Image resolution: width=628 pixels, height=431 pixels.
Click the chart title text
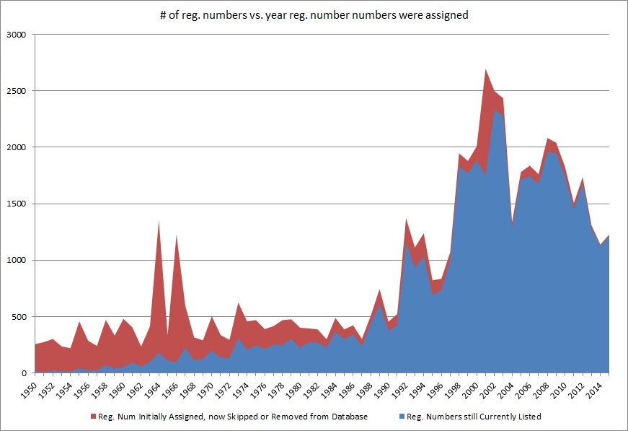pos(314,15)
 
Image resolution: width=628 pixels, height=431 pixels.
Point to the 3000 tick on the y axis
pos(17,35)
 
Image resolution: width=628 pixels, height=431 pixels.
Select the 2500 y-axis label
pos(17,91)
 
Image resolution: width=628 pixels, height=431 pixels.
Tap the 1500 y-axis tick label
pos(17,204)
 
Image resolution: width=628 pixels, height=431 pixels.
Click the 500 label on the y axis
pos(19,317)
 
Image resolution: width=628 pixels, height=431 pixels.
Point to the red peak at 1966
pos(177,235)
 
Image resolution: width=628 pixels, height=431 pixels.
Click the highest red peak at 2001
pos(486,69)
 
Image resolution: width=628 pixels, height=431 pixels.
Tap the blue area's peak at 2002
pos(495,110)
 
